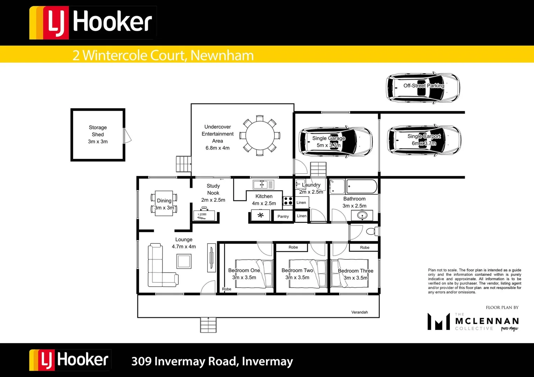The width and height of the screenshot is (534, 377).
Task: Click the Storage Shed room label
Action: coord(98,134)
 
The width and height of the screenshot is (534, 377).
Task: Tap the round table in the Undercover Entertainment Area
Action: coord(260,135)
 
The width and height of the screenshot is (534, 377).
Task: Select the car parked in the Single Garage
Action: coord(335,142)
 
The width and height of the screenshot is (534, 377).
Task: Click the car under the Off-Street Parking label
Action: coord(423,88)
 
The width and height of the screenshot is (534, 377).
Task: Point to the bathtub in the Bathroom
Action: coord(362,186)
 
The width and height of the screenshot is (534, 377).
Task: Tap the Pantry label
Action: coord(283,216)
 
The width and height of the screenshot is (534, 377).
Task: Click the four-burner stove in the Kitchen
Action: coord(288,201)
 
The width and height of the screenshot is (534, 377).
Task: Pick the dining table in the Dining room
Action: coord(164,203)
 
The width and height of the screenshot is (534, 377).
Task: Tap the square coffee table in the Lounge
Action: coord(184,261)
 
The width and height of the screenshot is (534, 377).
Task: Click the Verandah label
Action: coord(359,312)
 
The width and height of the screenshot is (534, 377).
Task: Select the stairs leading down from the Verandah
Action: coord(208,325)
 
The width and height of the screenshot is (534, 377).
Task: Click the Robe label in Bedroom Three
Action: coord(365,247)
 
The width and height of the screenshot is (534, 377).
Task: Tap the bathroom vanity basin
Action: coord(362,215)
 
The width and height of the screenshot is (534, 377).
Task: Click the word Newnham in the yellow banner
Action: coord(222,55)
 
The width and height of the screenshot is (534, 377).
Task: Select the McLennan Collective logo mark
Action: coord(439,321)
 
